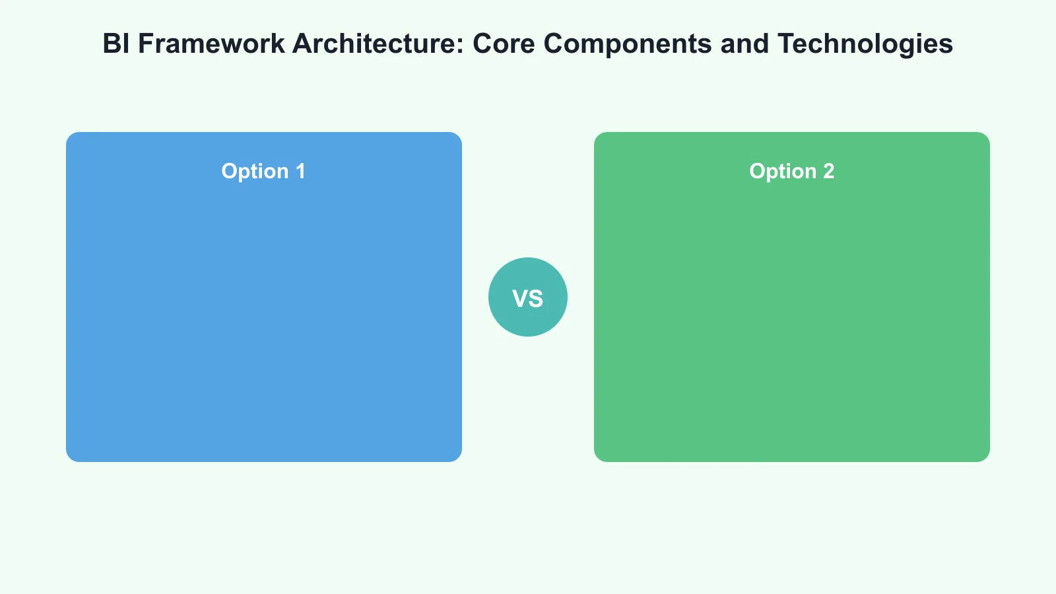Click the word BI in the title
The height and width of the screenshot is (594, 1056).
pos(115,44)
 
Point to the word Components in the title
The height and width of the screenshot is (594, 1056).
pos(628,44)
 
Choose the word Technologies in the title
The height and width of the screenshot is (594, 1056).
pos(865,44)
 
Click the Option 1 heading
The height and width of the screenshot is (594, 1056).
pos(263,172)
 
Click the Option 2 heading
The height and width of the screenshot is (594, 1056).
pos(791,172)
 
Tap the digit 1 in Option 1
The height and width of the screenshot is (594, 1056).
pos(300,172)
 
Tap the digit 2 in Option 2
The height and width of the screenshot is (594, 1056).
pos(829,172)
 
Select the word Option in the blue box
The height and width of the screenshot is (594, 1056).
pos(255,172)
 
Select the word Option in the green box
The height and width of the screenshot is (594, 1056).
pos(783,172)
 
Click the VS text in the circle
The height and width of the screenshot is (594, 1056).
pos(528,299)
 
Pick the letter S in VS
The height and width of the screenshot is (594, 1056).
pos(537,299)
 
